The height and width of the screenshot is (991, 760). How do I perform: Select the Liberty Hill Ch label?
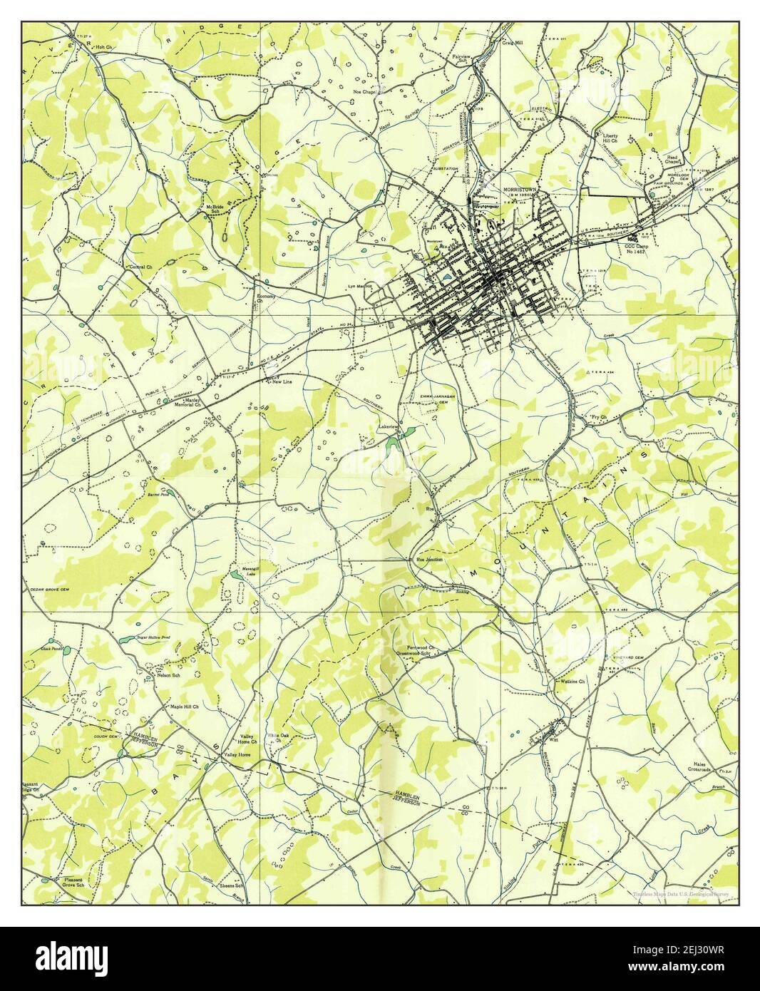point(613,138)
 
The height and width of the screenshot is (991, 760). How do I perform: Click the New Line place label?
point(284,381)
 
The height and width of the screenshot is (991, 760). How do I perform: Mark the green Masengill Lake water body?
point(236,574)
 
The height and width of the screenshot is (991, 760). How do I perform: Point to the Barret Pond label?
point(158,493)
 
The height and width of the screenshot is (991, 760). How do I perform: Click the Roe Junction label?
point(430,560)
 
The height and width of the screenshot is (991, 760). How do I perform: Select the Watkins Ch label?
point(572,682)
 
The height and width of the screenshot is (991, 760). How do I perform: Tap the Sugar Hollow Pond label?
point(152,637)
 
